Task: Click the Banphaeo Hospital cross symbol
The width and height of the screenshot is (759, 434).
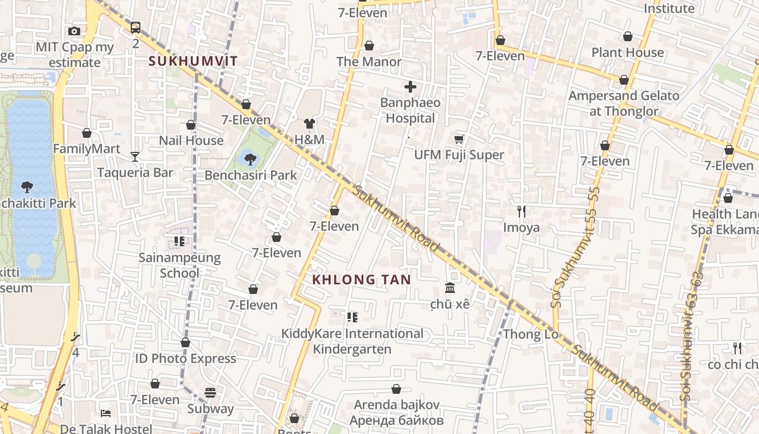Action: [x=410, y=87]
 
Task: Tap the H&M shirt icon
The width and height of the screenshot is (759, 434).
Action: [x=310, y=124]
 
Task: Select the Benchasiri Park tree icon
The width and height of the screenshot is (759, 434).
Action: [x=250, y=159]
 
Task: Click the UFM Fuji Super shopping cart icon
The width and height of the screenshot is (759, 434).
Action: [x=459, y=139]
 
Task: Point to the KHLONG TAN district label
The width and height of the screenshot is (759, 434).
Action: [x=362, y=280]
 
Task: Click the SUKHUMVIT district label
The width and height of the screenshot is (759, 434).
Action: [x=194, y=61]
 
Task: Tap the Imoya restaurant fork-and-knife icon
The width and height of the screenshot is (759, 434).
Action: [x=522, y=211]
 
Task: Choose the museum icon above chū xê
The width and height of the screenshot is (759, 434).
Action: [x=450, y=288]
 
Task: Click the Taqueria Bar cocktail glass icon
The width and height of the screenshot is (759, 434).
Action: [x=135, y=157]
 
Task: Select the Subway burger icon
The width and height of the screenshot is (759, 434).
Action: [x=210, y=392]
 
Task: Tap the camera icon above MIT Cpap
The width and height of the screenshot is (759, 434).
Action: [x=74, y=31]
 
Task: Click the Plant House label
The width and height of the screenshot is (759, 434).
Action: [x=627, y=53]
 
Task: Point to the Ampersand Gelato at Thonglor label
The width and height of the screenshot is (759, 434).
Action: [x=623, y=104]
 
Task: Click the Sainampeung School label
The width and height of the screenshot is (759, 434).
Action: [x=179, y=265]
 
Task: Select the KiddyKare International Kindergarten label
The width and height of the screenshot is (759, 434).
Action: [x=352, y=341]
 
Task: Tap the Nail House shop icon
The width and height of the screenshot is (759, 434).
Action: [x=191, y=125]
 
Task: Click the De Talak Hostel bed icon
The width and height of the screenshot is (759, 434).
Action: [x=106, y=413]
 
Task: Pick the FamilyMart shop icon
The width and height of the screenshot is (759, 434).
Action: [x=87, y=133]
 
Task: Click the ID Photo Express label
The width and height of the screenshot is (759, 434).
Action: [x=185, y=359]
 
